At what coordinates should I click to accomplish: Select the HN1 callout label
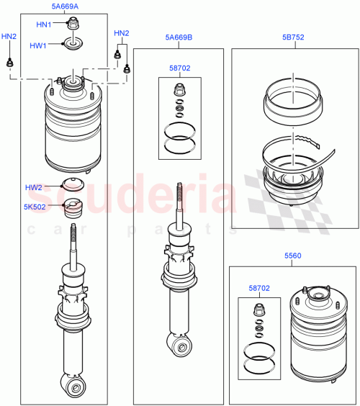(45, 24)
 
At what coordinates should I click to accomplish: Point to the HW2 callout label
(34, 187)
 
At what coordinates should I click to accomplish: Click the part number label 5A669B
(179, 37)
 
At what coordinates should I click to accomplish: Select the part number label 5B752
(293, 37)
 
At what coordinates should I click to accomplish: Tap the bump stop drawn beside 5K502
(72, 208)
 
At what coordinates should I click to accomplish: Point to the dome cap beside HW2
(72, 184)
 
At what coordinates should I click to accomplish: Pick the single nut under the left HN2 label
(9, 63)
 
